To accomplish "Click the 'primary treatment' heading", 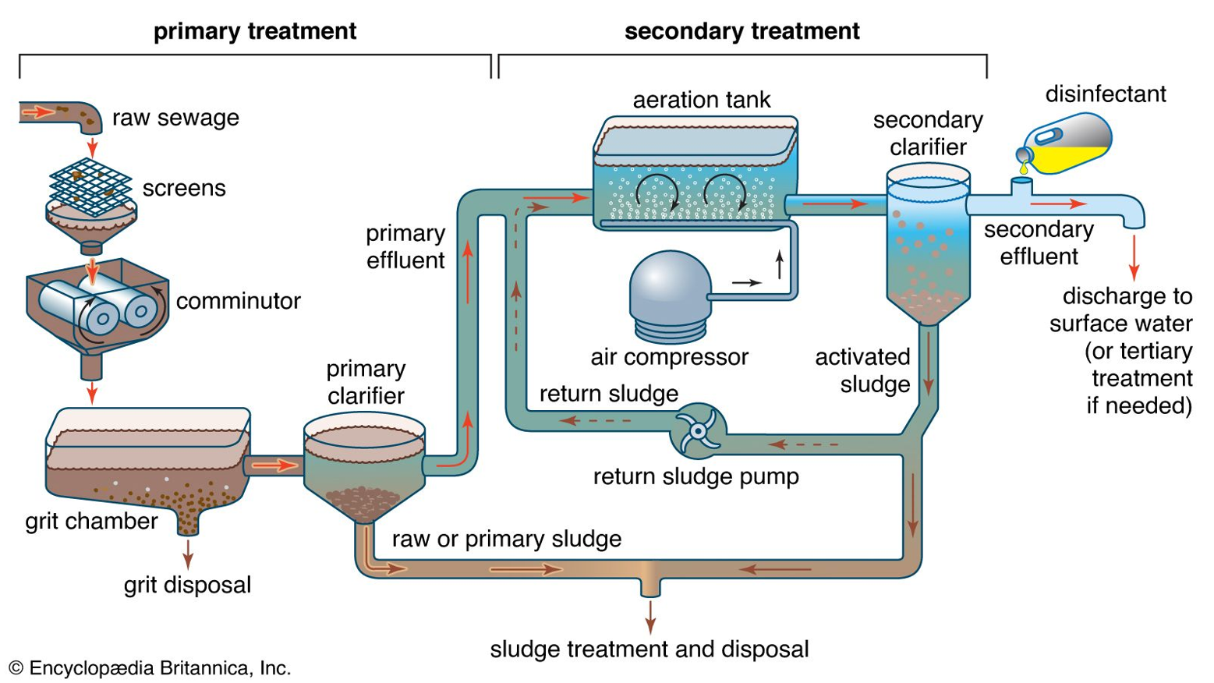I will pyautogui.click(x=254, y=31).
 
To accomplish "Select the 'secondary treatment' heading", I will pyautogui.click(x=741, y=31).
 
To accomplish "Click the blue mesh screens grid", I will pyautogui.click(x=90, y=186).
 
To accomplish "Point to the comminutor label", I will pyautogui.click(x=238, y=301).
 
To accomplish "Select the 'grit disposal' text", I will pyautogui.click(x=187, y=585).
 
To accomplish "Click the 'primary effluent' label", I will pyautogui.click(x=405, y=246).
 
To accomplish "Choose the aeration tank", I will pyautogui.click(x=694, y=175).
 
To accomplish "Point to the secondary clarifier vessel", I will pyautogui.click(x=928, y=242).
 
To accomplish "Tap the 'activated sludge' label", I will pyautogui.click(x=863, y=370).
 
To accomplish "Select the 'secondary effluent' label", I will pyautogui.click(x=1039, y=242).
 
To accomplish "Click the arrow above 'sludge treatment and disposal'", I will pyautogui.click(x=650, y=616).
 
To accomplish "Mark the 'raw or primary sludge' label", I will pyautogui.click(x=507, y=539).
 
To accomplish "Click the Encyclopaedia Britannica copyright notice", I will pyautogui.click(x=150, y=668).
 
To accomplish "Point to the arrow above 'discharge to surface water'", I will pyautogui.click(x=1134, y=257).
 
